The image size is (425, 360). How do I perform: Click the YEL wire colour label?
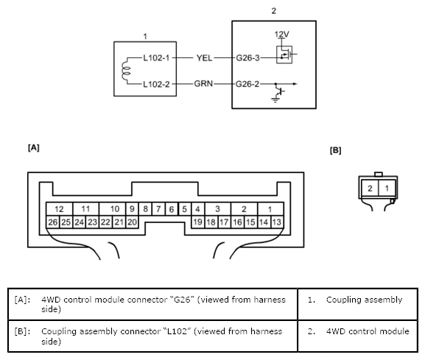tap(204, 58)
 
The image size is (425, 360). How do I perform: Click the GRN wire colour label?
tap(203, 84)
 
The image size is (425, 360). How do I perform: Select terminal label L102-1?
tap(156, 58)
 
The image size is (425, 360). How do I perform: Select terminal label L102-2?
tap(156, 84)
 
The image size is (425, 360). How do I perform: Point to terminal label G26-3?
tap(247, 58)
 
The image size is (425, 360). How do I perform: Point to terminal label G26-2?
tap(247, 84)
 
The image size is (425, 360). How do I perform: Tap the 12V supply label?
tap(281, 35)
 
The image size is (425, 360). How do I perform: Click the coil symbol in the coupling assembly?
tap(125, 71)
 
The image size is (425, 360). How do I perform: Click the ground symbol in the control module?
tap(275, 100)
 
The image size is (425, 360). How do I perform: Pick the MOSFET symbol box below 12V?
tap(284, 54)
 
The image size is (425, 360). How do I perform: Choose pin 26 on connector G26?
tap(53, 222)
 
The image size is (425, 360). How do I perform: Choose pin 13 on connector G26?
tap(277, 222)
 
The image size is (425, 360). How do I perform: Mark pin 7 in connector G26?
tap(158, 209)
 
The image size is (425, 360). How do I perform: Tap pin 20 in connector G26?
tap(132, 222)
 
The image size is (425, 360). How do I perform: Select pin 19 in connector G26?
tap(197, 222)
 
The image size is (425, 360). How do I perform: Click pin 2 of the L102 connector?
tap(370, 188)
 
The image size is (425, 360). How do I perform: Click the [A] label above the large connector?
tap(34, 148)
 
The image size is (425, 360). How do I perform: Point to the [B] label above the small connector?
tap(336, 150)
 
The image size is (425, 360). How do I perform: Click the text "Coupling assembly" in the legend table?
tap(365, 300)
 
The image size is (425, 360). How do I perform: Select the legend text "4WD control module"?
tap(368, 331)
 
